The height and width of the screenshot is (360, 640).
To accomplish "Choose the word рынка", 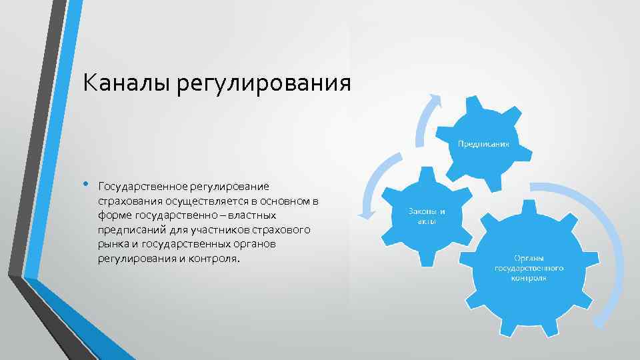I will (x=111, y=244).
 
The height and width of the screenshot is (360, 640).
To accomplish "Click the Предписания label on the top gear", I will (x=483, y=143).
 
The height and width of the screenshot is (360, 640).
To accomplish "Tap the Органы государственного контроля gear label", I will (x=529, y=267).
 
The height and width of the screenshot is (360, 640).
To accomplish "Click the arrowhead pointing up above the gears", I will (x=434, y=99).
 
